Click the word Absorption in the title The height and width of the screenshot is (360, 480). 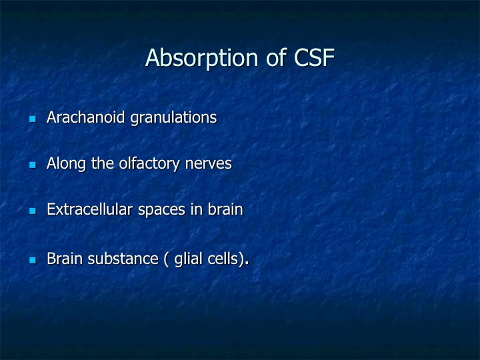202,58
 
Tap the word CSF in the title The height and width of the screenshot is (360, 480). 314,57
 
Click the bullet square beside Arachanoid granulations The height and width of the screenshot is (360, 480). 33,119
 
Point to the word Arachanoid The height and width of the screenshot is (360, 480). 86,117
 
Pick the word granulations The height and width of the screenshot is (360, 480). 173,118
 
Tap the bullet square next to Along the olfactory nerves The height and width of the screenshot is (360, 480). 33,165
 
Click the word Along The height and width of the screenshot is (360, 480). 66,164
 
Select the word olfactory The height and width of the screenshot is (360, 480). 149,164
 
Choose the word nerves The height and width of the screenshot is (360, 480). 209,165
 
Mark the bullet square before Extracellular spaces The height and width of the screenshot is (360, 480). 33,211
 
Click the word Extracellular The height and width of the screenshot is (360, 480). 90,210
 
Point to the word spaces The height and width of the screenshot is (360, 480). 161,211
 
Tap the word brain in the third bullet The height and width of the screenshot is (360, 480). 225,209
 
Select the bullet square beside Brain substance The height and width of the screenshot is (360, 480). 33,260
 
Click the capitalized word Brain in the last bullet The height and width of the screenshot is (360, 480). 65,259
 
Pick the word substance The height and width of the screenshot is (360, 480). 123,259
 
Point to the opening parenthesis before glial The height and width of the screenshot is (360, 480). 166,259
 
